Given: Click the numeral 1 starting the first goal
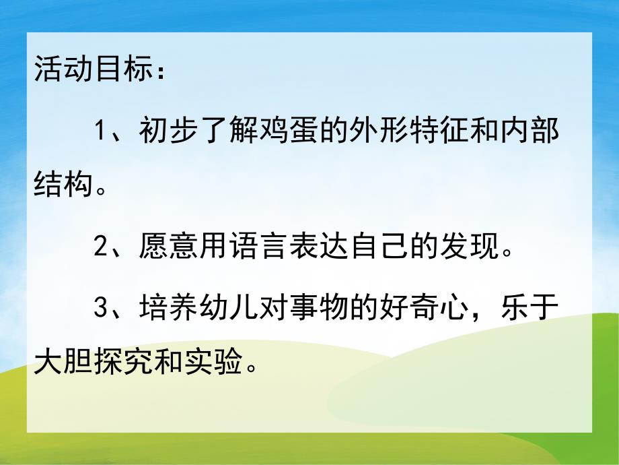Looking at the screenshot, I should [x=101, y=130].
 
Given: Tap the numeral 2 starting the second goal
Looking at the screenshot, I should [x=101, y=248].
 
